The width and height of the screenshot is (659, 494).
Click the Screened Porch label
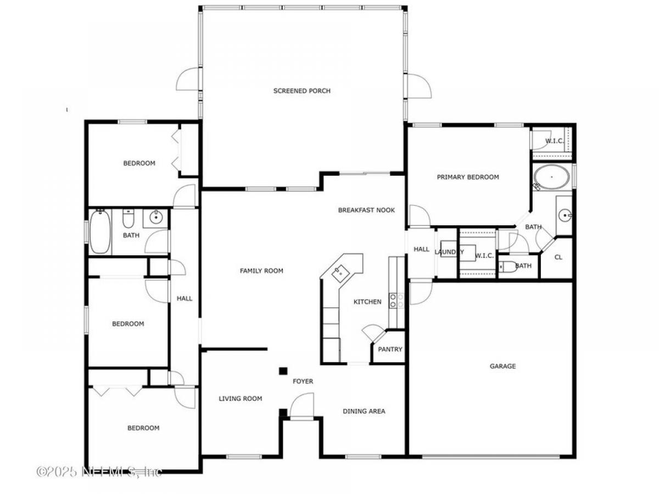click(x=301, y=91)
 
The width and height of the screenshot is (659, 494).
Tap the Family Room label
click(x=261, y=271)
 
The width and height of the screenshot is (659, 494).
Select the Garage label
click(x=502, y=366)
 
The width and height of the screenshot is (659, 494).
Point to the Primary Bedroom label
click(x=468, y=177)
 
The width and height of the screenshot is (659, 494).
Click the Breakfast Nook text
click(x=366, y=210)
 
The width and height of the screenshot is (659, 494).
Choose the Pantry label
click(x=390, y=349)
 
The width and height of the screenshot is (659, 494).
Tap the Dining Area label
click(x=364, y=411)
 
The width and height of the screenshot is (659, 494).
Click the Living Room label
click(x=240, y=398)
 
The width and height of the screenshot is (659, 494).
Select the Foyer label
click(x=303, y=381)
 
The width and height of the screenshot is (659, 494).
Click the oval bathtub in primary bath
click(x=552, y=177)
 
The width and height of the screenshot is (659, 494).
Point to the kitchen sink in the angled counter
click(x=340, y=273)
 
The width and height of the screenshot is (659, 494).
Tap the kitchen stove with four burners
click(x=396, y=301)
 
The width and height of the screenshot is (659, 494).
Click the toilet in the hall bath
click(x=128, y=218)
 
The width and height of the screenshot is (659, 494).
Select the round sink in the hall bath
click(x=156, y=217)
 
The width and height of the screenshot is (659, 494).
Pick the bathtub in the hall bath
click(x=100, y=232)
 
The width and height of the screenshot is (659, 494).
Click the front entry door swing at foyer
click(x=301, y=406)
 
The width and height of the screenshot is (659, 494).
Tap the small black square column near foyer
click(x=283, y=371)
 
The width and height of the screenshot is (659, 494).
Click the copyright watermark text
click(x=99, y=471)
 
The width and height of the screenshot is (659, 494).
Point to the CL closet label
click(x=558, y=257)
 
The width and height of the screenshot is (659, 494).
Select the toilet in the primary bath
click(x=507, y=266)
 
